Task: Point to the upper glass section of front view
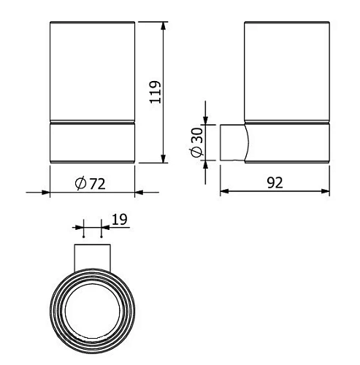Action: (92, 69)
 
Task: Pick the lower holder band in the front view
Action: (92, 142)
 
